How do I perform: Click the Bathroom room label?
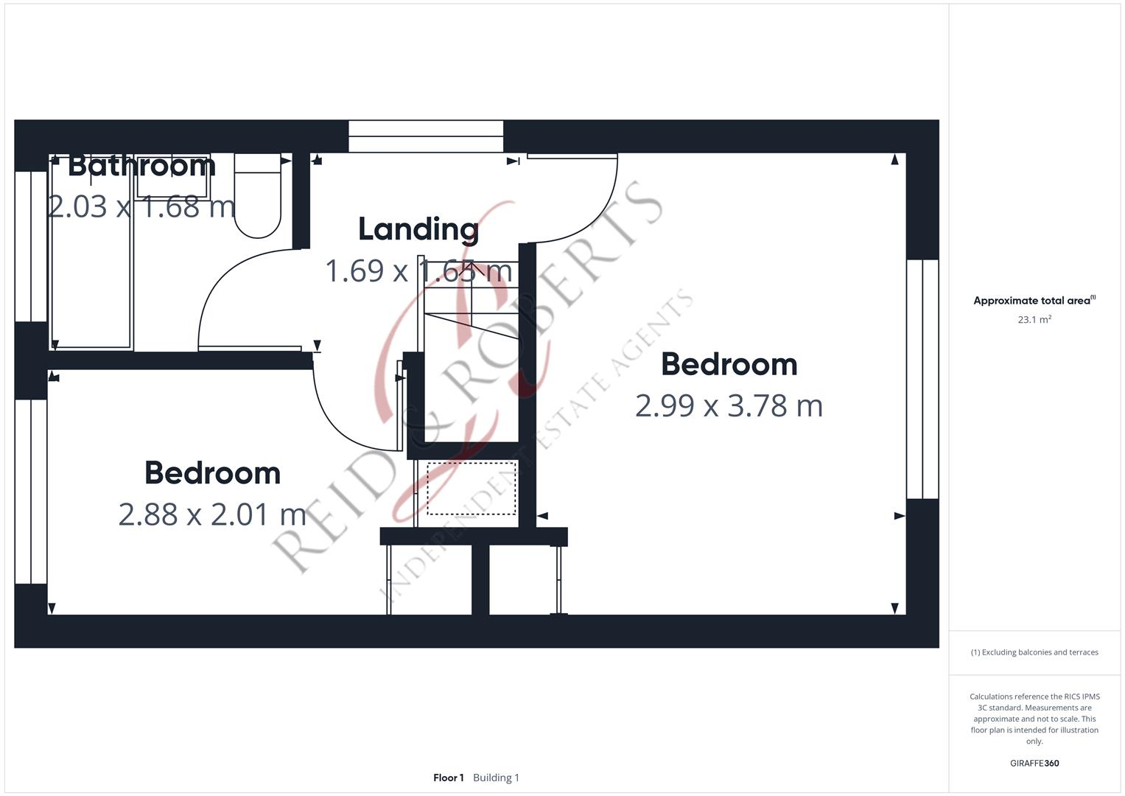pos(141,165)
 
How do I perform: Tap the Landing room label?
pos(418,229)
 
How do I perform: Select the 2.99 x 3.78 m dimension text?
pos(728,406)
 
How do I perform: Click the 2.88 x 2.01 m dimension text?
pos(212,514)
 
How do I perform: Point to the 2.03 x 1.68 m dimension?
pos(141,206)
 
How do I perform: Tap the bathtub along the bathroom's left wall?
pos(90,251)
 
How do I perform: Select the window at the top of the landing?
pos(425,136)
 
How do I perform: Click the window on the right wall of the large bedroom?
pos(922,379)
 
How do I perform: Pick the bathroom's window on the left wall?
pos(31,246)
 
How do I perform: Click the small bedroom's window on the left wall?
pos(31,491)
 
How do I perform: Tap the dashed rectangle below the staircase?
pos(471,489)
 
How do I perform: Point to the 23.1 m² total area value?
pos(1034,320)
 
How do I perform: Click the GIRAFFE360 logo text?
pos(1034,763)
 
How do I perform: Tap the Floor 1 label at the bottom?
pos(448,778)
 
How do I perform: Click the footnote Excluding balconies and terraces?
pos(1034,652)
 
